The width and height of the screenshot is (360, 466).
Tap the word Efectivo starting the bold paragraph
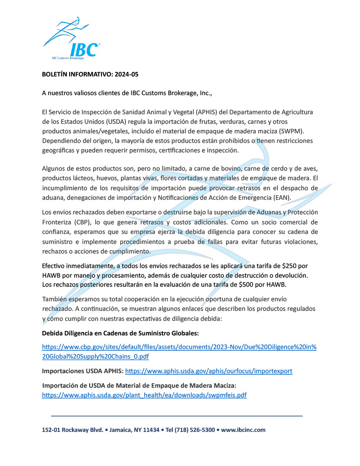(56, 265)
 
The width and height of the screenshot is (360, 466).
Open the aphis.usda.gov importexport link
(208, 371)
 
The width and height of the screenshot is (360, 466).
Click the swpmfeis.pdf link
(144, 395)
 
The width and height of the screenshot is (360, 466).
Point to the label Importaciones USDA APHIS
(82, 371)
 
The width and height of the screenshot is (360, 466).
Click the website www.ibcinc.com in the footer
(243, 430)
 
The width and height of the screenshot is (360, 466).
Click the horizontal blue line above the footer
(177, 416)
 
